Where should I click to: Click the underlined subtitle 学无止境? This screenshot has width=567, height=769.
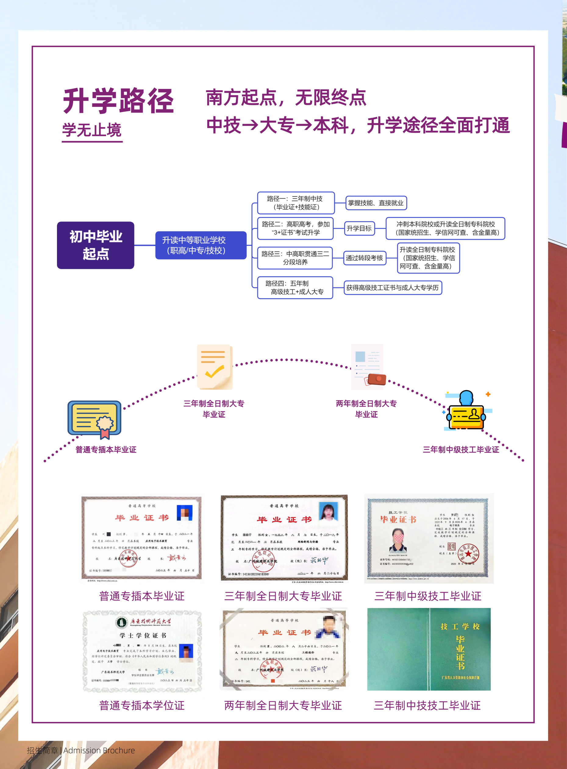92,130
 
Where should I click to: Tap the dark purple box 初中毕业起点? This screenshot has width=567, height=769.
95,245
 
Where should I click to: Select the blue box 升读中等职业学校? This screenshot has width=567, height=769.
201,245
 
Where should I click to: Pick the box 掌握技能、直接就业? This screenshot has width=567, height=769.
376,203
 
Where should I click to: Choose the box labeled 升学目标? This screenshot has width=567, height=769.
359,229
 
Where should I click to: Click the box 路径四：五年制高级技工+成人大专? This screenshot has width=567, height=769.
295,287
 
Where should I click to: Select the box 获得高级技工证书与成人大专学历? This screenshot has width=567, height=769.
392,287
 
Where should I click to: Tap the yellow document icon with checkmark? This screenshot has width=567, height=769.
215,367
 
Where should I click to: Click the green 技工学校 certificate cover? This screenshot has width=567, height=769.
429,649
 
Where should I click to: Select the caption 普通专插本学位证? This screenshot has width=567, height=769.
142,706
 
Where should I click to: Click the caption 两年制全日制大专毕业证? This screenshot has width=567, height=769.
283,706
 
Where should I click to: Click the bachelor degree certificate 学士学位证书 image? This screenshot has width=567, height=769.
142,651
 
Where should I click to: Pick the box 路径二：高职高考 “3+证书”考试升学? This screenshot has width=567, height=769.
295,229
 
